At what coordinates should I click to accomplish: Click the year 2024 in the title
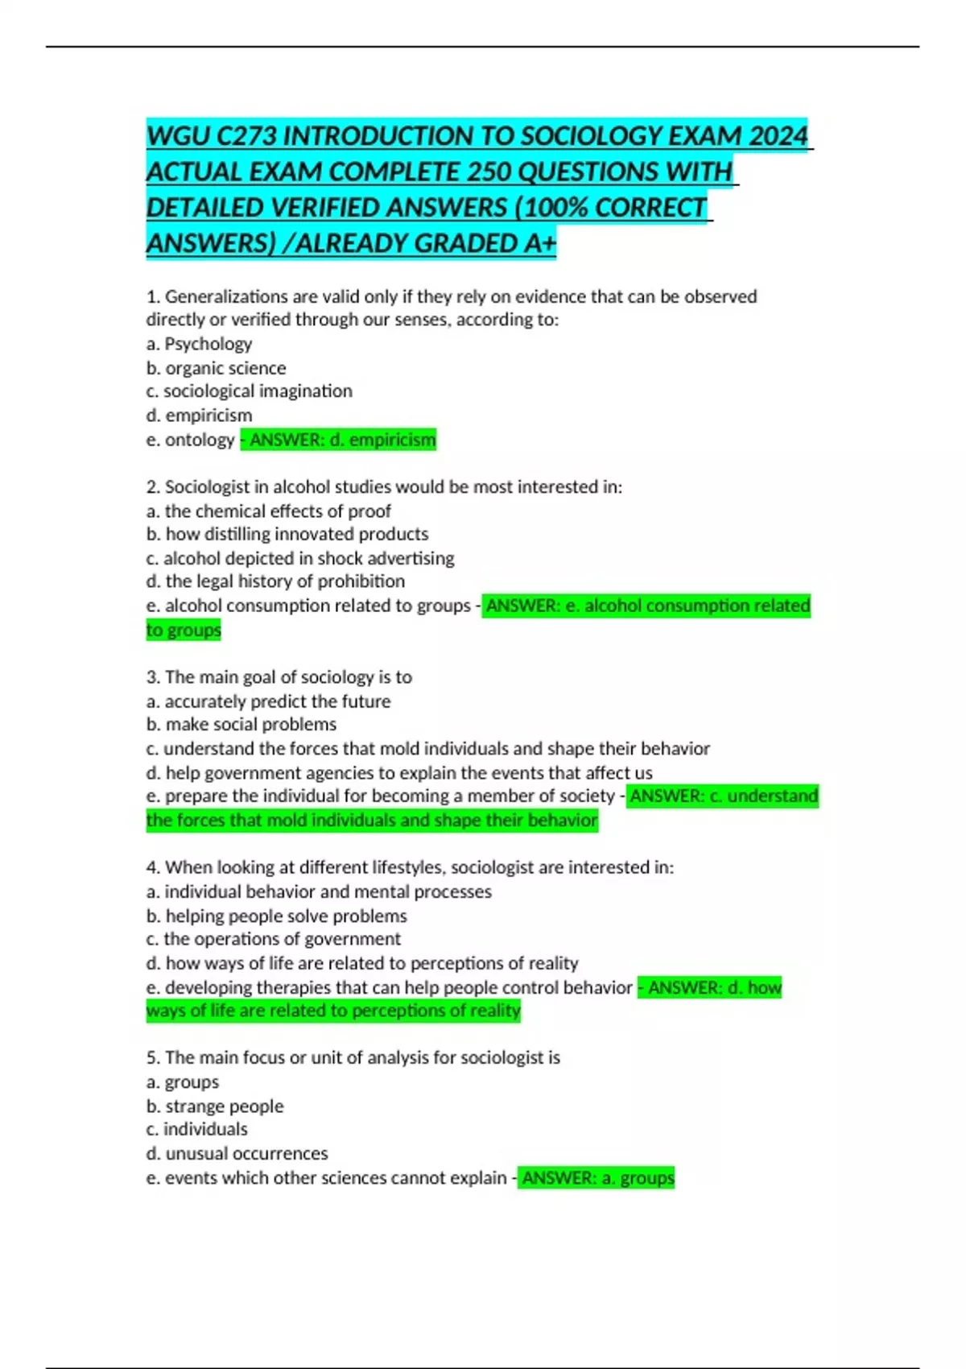pyautogui.click(x=778, y=136)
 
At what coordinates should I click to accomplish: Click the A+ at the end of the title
pyautogui.click(x=539, y=242)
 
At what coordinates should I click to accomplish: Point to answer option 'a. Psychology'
pyautogui.click(x=199, y=344)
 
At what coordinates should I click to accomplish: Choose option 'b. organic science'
pyautogui.click(x=216, y=368)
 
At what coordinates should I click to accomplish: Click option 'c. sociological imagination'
pyautogui.click(x=249, y=391)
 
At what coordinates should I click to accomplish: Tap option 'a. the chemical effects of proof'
pyautogui.click(x=268, y=511)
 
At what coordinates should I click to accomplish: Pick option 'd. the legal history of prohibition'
pyautogui.click(x=275, y=581)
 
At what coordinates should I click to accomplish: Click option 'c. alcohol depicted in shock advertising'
pyautogui.click(x=299, y=558)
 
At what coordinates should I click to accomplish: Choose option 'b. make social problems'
pyautogui.click(x=241, y=724)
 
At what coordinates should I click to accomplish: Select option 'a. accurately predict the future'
pyautogui.click(x=268, y=701)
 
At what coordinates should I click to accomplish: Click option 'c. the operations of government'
pyautogui.click(x=273, y=939)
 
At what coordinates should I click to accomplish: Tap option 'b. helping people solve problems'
pyautogui.click(x=276, y=916)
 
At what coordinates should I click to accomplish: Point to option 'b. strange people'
pyautogui.click(x=214, y=1106)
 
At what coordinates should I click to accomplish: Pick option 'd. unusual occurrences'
pyautogui.click(x=237, y=1153)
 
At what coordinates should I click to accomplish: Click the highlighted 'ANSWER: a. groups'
pyautogui.click(x=597, y=1178)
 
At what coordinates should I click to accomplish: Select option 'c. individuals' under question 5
pyautogui.click(x=196, y=1129)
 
